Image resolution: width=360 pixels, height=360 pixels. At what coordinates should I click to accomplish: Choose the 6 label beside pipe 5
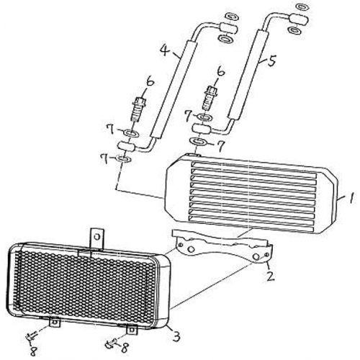tap(220, 72)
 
